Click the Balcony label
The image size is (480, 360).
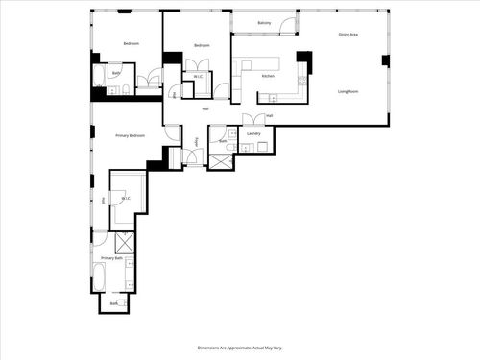click(264, 21)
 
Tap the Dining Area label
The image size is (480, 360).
click(348, 35)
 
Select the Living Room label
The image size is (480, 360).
click(348, 91)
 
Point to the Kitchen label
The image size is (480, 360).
click(269, 75)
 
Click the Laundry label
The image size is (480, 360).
click(253, 133)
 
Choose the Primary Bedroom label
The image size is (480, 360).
click(131, 135)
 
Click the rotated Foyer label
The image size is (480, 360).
click(198, 142)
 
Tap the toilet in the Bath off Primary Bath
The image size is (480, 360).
click(126, 303)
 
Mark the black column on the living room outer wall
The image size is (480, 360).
click(385, 60)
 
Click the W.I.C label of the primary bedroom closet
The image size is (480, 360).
click(126, 199)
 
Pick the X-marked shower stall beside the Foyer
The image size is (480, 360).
click(221, 160)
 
